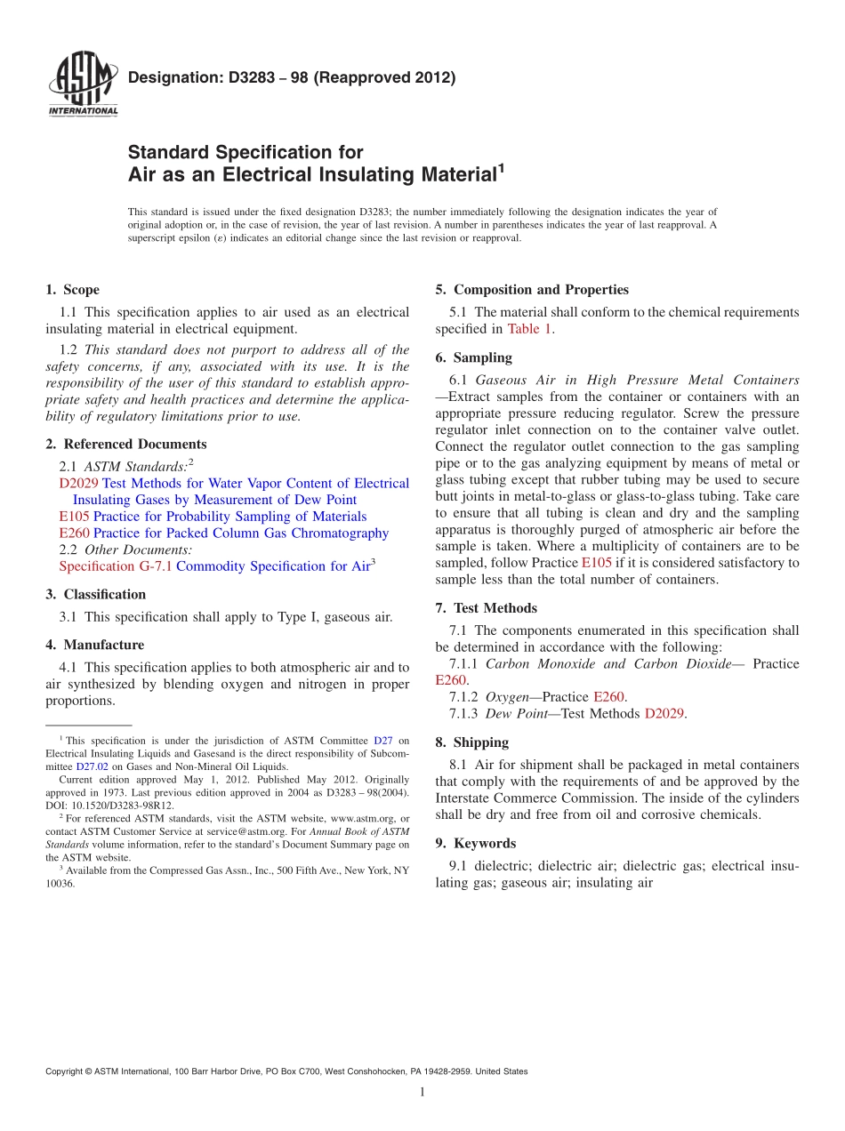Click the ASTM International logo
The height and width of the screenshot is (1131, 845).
point(82,86)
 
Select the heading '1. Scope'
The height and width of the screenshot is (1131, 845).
point(72,290)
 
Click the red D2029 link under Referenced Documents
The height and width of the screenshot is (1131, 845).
point(78,484)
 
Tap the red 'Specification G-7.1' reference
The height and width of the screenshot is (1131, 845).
point(116,566)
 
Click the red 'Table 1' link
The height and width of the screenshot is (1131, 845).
point(530,329)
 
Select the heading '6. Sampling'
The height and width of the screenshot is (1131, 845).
point(473,357)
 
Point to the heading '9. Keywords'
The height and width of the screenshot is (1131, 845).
point(475,843)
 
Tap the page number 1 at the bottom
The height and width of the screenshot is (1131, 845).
point(422,1092)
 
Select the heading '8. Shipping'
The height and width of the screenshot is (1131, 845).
point(471,742)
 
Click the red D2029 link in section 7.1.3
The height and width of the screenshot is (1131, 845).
point(664,713)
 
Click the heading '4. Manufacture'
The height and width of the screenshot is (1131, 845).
point(94,645)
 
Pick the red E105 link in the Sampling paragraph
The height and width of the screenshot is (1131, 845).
point(596,563)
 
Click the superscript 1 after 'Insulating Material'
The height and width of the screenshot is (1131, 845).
point(501,167)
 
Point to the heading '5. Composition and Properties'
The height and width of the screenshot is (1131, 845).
point(532,290)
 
